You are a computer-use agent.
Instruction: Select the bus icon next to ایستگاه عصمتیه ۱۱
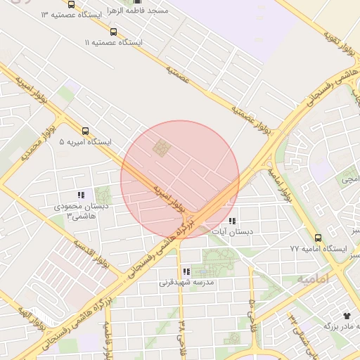(114, 32)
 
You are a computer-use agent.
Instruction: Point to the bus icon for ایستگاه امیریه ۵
(85, 130)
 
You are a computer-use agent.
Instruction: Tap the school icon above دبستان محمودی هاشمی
(80, 195)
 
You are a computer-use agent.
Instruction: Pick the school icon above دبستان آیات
(232, 221)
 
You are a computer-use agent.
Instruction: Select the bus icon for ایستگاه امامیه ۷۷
(319, 238)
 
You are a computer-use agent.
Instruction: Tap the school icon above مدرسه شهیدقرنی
(186, 271)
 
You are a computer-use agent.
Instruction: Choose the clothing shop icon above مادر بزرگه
(346, 316)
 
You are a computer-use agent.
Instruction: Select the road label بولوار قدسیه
(91, 255)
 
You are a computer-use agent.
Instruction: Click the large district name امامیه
(312, 279)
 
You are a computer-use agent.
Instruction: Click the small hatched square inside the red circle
(162, 148)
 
